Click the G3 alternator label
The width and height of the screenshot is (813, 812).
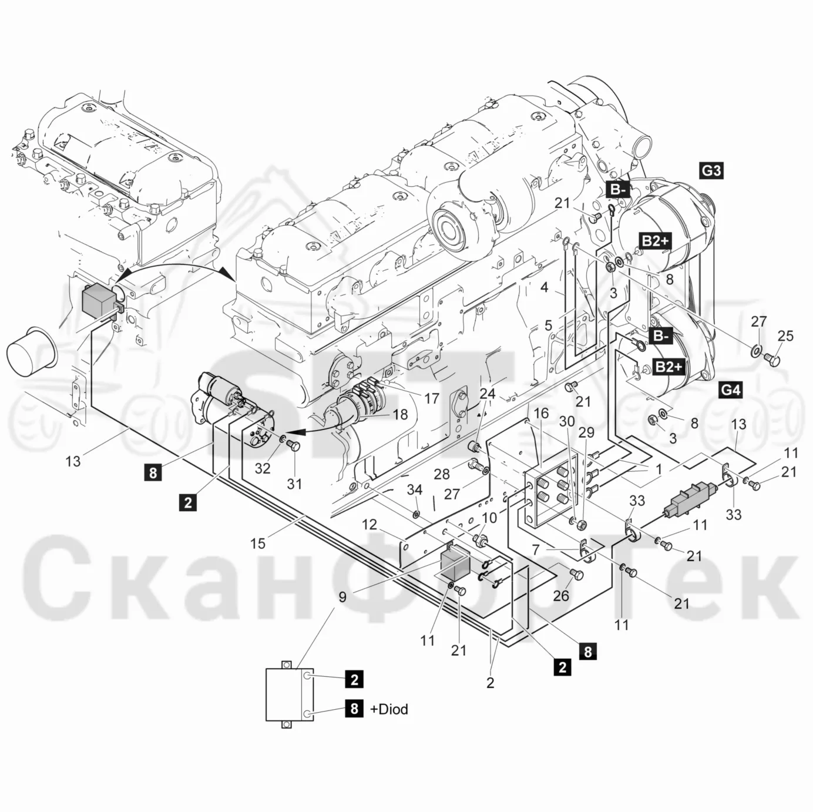pos(711,170)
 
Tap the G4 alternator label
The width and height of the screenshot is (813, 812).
pos(730,390)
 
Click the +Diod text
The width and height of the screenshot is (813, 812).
pos(389,709)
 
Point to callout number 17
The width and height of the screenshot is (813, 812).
pos(432,398)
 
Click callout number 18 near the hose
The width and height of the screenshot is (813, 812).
pos(400,414)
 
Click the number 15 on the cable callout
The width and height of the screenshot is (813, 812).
pos(258,543)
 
